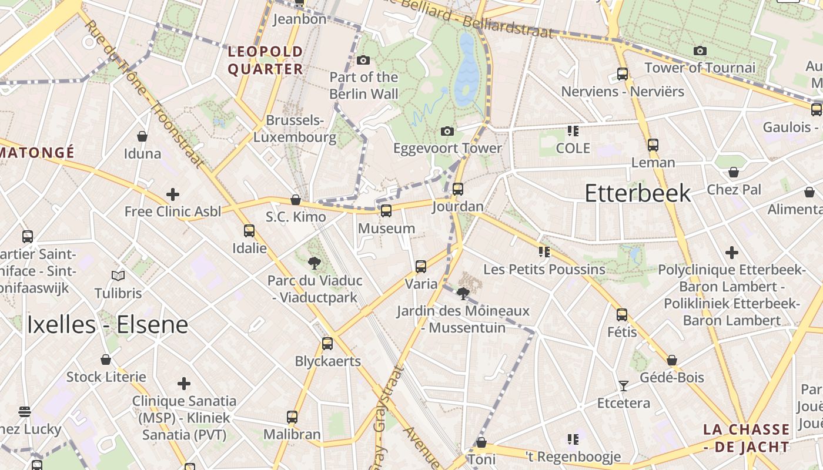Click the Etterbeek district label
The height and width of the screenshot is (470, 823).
pos(637,193)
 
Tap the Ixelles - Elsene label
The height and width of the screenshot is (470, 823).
pos(107,325)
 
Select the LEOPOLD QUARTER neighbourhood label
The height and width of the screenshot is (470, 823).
pos(265,61)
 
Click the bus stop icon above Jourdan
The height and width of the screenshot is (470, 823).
pos(457,189)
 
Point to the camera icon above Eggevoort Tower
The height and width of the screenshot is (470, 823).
pos(447,131)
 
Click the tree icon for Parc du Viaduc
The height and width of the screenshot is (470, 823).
pos(315,263)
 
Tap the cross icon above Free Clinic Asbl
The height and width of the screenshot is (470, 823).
pos(173,194)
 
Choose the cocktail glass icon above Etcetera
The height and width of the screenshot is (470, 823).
pos(623,386)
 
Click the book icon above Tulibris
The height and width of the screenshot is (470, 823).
pos(118,276)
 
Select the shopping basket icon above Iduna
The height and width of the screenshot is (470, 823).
pos(142,136)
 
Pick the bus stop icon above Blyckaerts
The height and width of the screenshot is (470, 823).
pos(327,344)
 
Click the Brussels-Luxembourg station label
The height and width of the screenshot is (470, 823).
pos(295,129)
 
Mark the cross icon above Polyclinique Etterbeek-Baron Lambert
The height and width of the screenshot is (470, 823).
pos(731,253)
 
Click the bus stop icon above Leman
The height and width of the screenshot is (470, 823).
pos(653,145)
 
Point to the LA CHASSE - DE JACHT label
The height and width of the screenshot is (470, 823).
pos(746,438)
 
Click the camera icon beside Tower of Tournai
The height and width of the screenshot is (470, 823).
pos(700,51)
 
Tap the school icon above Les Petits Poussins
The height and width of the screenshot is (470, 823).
pos(544,252)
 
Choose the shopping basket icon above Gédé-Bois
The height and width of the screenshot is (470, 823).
pos(672,360)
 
